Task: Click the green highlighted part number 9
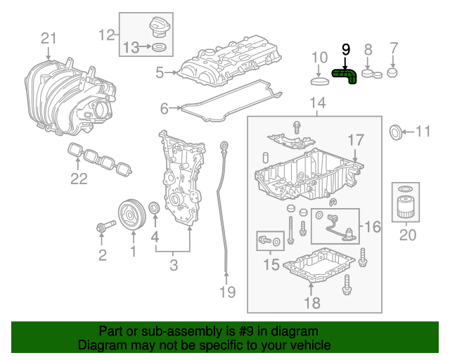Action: tap(345, 75)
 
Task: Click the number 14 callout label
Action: tap(317, 104)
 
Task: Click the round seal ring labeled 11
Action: tap(397, 131)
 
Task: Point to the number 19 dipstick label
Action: tap(225, 291)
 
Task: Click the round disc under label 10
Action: tap(320, 81)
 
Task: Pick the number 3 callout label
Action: tap(173, 265)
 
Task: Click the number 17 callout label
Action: tap(356, 139)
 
